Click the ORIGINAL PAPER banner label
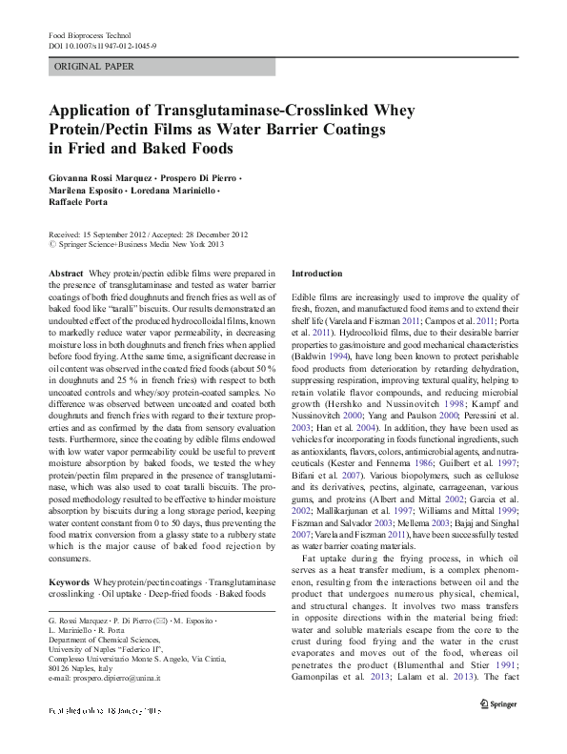click(x=93, y=67)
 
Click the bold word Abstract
click(x=65, y=274)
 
